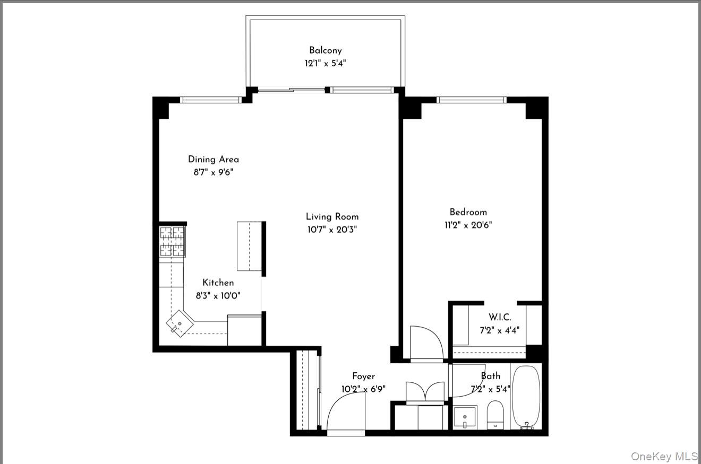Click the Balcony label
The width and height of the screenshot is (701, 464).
click(325, 50)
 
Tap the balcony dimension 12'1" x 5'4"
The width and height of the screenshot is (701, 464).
click(325, 63)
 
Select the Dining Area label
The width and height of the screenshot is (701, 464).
click(213, 159)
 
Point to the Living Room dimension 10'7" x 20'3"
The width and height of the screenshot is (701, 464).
click(332, 230)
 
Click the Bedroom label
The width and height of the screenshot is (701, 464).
click(468, 212)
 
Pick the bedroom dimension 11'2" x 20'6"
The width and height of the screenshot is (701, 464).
click(468, 225)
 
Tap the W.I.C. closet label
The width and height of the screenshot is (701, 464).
click(500, 317)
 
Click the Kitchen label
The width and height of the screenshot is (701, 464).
click(218, 283)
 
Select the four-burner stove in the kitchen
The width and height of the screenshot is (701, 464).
click(173, 242)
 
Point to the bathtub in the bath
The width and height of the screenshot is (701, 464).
click(526, 397)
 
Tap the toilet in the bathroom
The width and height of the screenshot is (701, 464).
click(495, 415)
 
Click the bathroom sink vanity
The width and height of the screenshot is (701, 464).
click(465, 417)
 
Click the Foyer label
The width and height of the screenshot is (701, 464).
click(363, 376)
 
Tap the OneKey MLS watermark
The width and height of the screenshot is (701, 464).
click(664, 456)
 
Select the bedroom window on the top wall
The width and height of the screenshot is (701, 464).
click(471, 100)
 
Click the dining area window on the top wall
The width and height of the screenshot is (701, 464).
click(211, 100)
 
